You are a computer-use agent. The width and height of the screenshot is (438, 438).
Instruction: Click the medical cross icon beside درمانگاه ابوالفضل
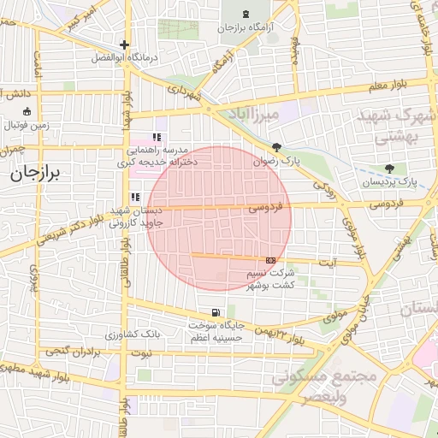[125, 44]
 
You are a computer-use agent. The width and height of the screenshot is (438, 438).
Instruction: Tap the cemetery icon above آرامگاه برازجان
[246, 14]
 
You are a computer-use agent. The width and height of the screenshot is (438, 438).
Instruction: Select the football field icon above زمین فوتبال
[27, 111]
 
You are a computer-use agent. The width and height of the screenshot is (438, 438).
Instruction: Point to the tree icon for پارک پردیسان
[389, 168]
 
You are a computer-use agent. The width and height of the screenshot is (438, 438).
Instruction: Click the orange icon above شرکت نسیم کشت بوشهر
[271, 259]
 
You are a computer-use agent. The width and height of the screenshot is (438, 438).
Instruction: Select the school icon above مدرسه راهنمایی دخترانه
[156, 137]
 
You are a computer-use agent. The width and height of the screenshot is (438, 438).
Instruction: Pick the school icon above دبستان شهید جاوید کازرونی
[134, 198]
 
